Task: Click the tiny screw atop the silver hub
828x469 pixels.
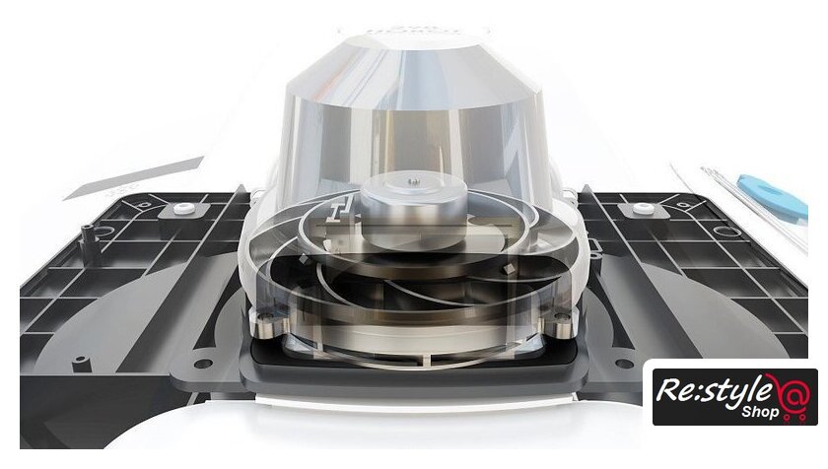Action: click(x=415, y=181)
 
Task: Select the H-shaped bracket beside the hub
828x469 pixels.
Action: click(x=337, y=208)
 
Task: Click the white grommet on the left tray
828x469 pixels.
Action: click(x=183, y=208)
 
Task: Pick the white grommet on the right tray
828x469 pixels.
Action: click(x=643, y=208)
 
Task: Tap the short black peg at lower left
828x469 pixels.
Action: click(x=80, y=364)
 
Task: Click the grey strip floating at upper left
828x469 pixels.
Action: click(x=134, y=177)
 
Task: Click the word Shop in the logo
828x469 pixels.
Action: click(x=760, y=411)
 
